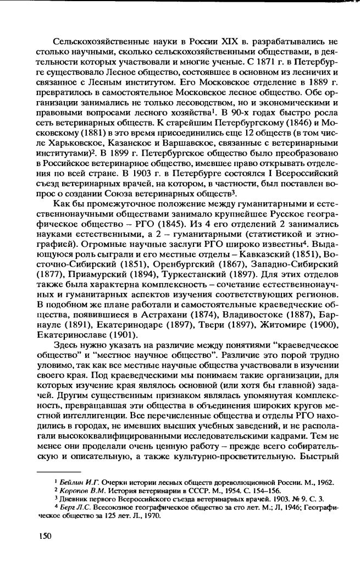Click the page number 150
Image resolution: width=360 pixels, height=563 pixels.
[46, 536]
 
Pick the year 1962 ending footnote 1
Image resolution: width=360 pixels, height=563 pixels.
[324, 482]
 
